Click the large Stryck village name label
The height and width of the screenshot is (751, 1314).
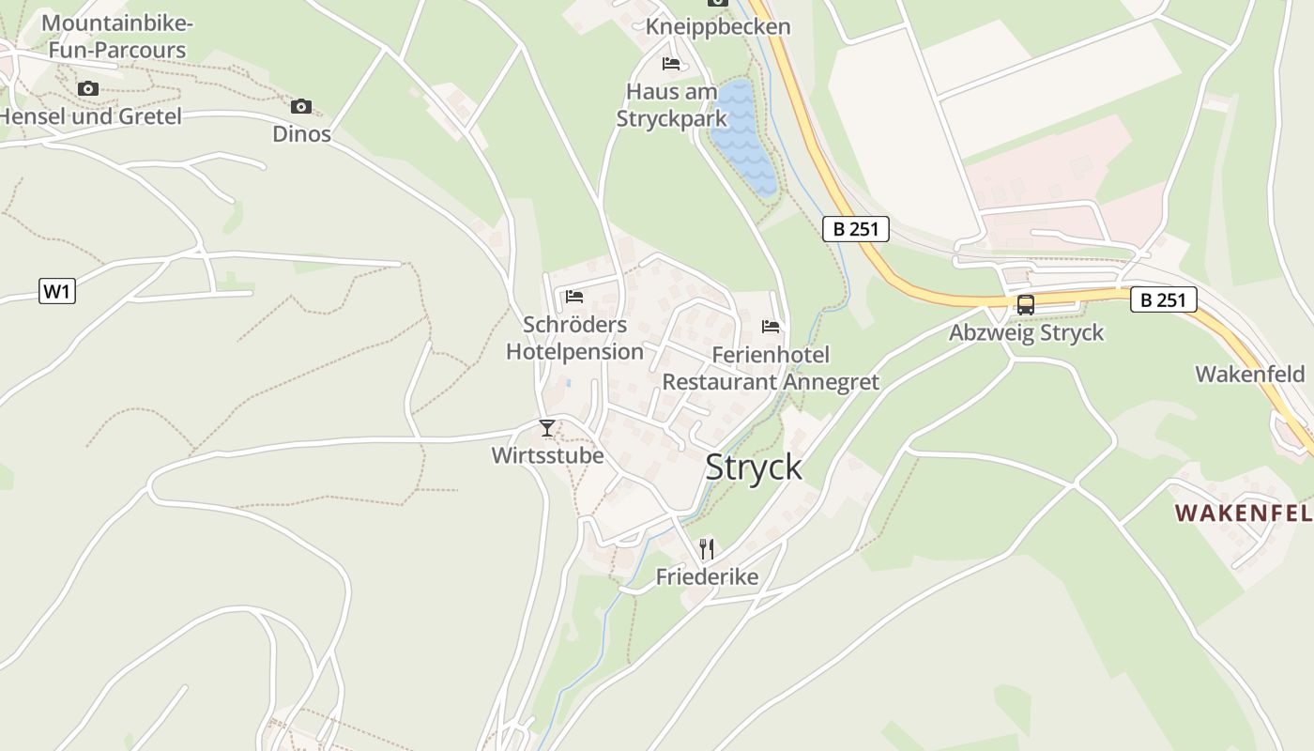click(x=754, y=467)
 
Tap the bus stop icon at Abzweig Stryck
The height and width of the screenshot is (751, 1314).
click(x=1026, y=305)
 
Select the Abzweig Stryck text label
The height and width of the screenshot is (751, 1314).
click(x=1026, y=333)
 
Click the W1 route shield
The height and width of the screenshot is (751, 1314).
click(x=57, y=291)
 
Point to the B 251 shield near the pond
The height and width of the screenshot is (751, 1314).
click(x=855, y=229)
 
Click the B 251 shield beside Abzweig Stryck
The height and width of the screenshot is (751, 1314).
click(x=1163, y=300)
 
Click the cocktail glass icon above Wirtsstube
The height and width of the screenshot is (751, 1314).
click(x=547, y=428)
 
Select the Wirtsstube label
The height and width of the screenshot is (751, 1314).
click(x=547, y=456)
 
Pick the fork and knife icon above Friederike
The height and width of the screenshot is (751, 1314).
click(x=707, y=548)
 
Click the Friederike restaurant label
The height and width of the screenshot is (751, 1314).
click(x=707, y=576)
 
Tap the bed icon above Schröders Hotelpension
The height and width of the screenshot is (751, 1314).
click(x=574, y=297)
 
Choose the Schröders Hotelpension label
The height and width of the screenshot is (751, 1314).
click(x=574, y=338)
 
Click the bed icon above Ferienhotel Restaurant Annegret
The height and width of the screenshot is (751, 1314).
click(x=771, y=327)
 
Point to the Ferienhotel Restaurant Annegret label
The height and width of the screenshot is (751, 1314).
click(x=771, y=368)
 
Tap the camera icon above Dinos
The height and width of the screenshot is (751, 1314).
click(x=301, y=106)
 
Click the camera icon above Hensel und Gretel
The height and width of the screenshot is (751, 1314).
click(x=88, y=88)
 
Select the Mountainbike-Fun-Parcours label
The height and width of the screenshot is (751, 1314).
click(x=117, y=37)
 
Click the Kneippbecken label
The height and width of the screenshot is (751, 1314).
click(x=718, y=27)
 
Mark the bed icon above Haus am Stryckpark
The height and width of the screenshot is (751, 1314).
click(x=671, y=64)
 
